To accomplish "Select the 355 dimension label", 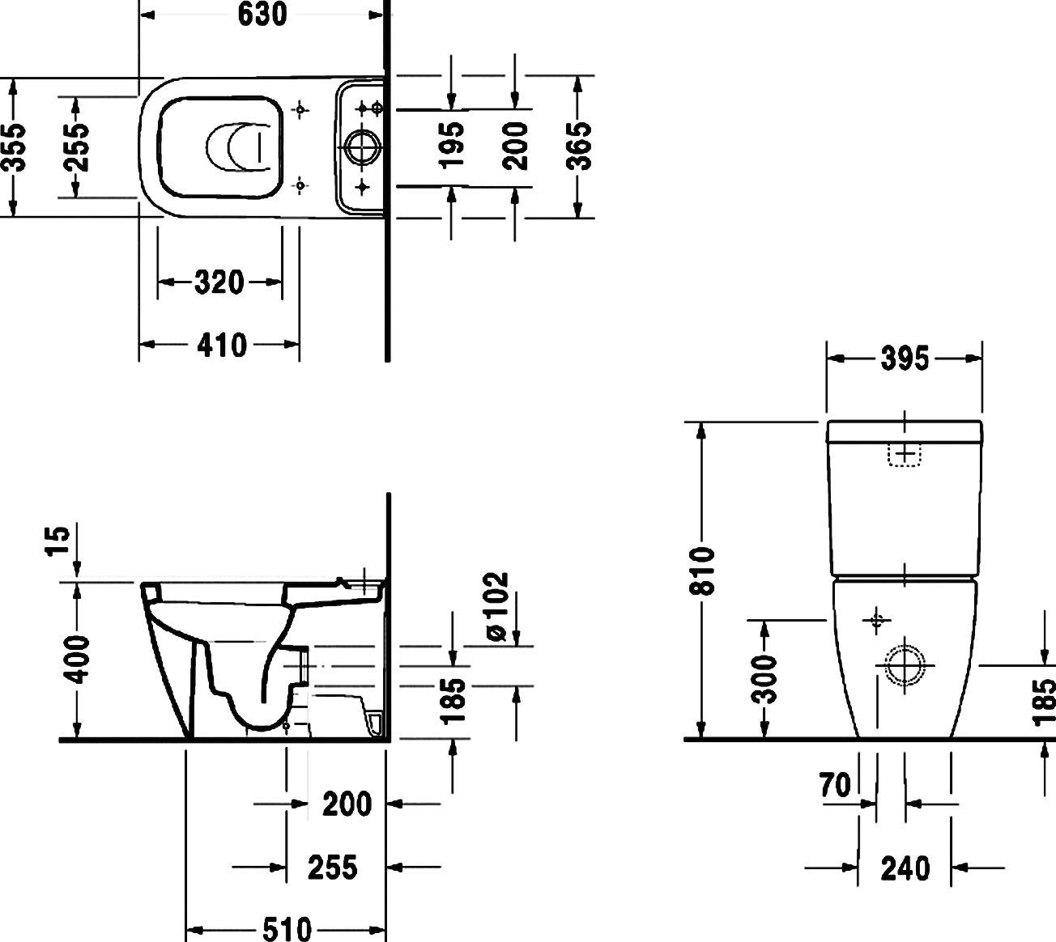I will [x=14, y=147].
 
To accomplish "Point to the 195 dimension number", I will [x=452, y=146].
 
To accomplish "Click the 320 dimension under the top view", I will [x=219, y=282].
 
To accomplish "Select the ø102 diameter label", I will [x=496, y=607].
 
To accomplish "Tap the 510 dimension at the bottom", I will [x=287, y=929].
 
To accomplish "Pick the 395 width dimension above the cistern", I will [x=905, y=359].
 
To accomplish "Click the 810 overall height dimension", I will [x=702, y=571].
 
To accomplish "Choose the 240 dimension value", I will [x=905, y=868].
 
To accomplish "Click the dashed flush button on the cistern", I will [x=904, y=455].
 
